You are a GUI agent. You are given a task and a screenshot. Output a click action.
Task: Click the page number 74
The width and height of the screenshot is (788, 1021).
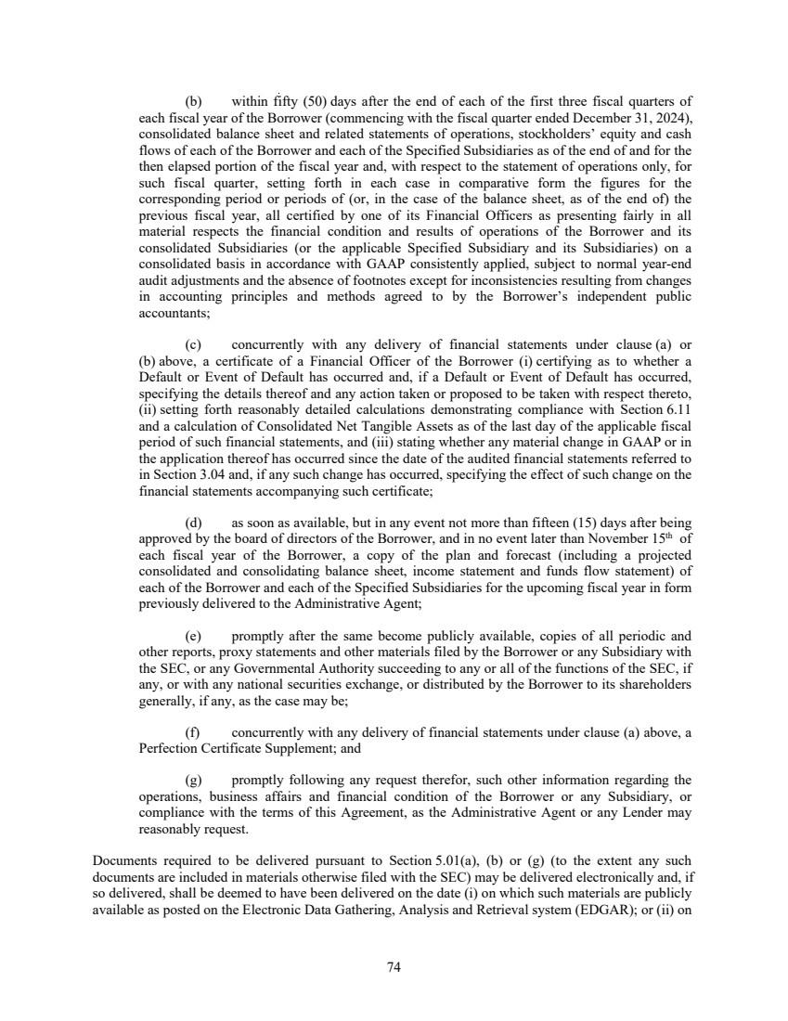pyautogui.click(x=394, y=967)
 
